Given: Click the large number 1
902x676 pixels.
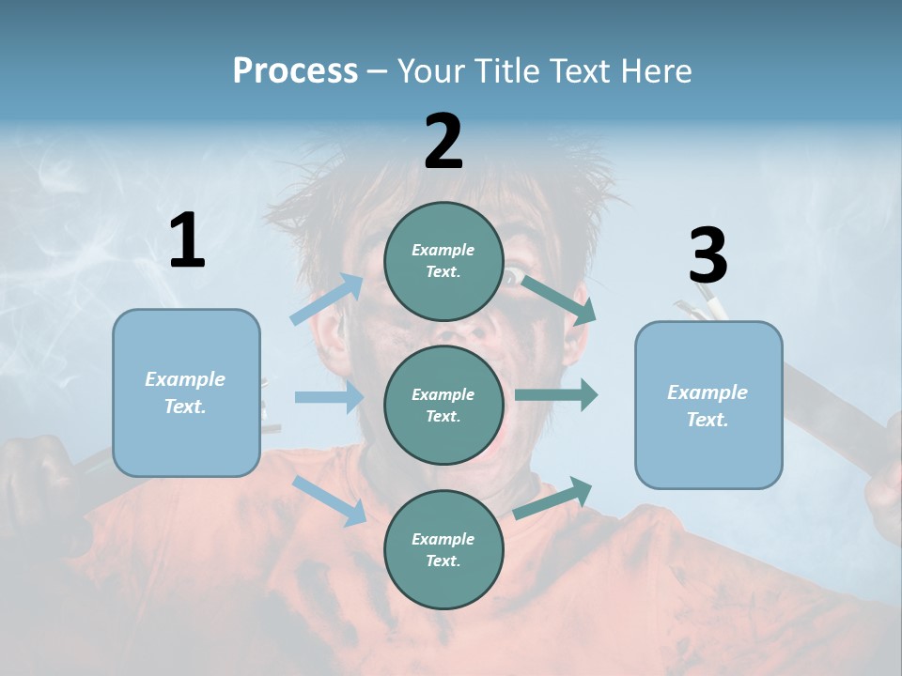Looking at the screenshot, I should (x=187, y=241).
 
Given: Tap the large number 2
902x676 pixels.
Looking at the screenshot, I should (x=443, y=142).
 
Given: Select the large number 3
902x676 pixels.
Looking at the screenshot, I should (x=708, y=256).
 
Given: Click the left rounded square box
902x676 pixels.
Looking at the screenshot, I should (x=186, y=392).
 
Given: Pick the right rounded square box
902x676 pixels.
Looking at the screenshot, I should (x=708, y=406).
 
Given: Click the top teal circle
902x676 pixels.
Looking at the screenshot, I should (x=443, y=261).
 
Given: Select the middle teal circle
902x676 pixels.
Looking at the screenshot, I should (x=443, y=406).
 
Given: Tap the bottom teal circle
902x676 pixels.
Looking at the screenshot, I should (x=443, y=550).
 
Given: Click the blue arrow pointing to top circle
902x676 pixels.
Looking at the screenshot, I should (x=327, y=300).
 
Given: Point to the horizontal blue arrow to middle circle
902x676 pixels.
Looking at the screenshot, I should (x=328, y=397).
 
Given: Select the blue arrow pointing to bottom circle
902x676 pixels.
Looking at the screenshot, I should (x=330, y=500).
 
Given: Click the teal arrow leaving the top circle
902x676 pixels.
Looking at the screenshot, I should (x=558, y=300).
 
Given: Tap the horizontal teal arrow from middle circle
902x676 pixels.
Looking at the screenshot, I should (x=555, y=395).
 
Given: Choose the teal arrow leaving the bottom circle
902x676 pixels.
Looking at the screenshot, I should (x=553, y=498).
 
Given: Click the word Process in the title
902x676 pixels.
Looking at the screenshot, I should (x=295, y=70).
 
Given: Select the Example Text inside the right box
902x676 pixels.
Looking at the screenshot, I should (x=708, y=406).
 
